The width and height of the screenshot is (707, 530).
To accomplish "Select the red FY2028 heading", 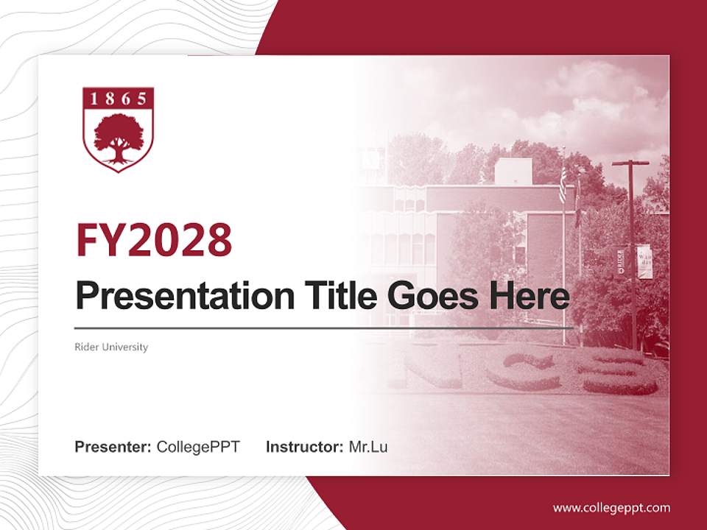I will click(154, 239).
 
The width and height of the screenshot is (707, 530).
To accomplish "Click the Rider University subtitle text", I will click(111, 347).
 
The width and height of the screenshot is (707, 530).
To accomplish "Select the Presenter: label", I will click(113, 447).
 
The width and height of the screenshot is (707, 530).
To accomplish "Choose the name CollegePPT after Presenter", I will click(198, 447).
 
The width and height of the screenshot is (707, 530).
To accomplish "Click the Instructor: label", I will click(304, 447).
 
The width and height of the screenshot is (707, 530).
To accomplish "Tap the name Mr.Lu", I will click(368, 447).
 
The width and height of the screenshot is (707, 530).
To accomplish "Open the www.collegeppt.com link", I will click(611, 508).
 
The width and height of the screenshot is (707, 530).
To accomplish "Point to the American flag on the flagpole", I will click(563, 184).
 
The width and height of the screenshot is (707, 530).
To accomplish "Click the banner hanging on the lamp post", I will click(644, 261).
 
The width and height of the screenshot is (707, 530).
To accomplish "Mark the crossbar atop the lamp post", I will click(630, 163).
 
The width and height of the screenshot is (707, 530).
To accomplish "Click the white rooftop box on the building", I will click(513, 172).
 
